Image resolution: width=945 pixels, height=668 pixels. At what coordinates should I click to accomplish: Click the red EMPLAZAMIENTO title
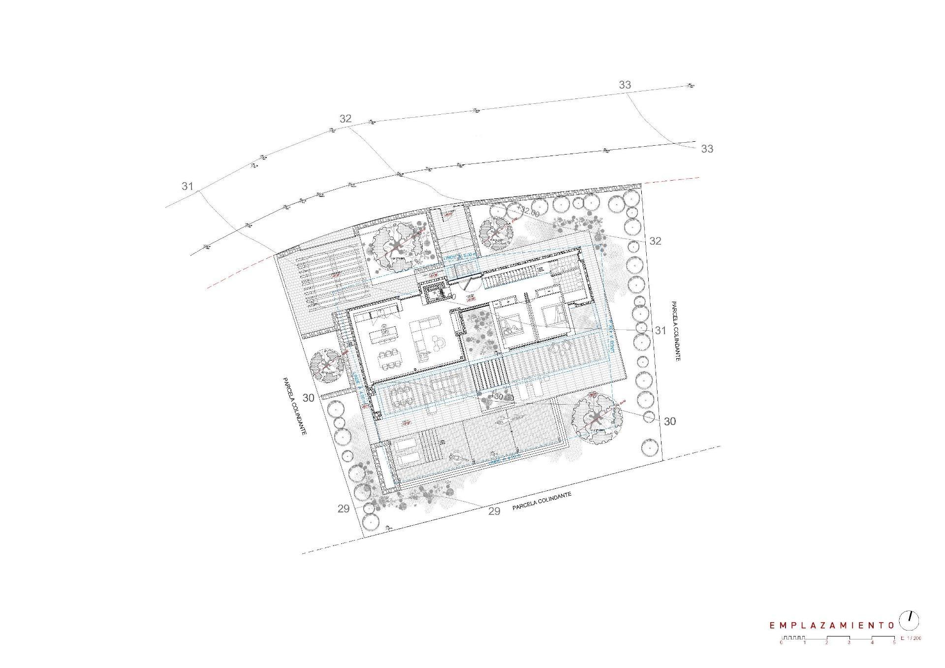832,625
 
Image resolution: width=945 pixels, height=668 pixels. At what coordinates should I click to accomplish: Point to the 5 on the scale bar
894,642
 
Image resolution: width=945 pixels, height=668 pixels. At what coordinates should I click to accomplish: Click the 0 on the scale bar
781,642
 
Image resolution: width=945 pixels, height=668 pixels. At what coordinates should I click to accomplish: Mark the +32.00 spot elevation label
529,213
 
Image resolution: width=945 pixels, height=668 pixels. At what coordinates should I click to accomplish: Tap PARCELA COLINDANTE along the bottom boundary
541,501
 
